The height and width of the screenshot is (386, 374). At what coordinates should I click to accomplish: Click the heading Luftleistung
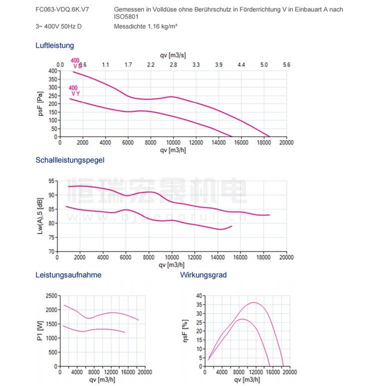coord(54,45)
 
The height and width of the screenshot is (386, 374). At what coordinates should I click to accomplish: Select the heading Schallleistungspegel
coord(70,160)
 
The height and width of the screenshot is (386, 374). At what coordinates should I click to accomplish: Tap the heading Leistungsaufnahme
coord(68,275)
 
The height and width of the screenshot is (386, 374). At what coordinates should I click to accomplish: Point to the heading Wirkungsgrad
coord(203,275)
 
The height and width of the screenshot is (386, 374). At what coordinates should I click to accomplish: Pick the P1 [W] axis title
coord(40,331)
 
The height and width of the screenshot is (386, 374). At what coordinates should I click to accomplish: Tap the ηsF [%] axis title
coord(186,331)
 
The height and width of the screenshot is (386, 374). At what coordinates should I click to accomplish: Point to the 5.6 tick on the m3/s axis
coord(286,65)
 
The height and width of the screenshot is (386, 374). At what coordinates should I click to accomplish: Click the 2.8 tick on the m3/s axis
coord(173,65)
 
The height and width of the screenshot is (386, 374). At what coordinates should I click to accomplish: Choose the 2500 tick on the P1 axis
coord(51,296)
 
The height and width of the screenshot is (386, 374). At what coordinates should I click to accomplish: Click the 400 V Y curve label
coord(75,91)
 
